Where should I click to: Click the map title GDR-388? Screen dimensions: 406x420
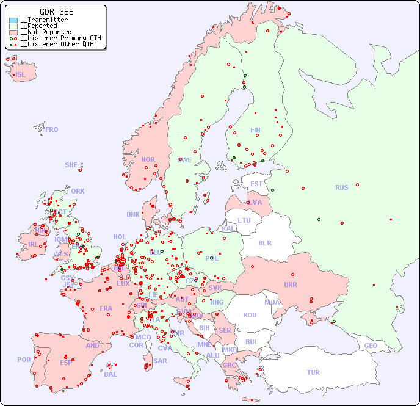point(56,12)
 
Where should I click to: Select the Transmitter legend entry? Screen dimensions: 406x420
point(46,20)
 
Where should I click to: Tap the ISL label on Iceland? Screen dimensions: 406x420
point(21,75)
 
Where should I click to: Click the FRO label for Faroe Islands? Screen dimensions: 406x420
point(52,129)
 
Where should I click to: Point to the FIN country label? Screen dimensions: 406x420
point(255,130)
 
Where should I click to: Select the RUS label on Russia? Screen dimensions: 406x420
point(341,187)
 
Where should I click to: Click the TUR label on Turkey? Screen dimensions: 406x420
point(313,372)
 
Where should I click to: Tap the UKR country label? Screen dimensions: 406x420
point(291,285)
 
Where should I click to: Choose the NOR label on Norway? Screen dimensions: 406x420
point(148,159)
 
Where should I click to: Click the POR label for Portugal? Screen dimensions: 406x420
point(24,360)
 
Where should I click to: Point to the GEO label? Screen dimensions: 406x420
point(371,346)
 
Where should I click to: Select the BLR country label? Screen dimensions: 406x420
point(265,242)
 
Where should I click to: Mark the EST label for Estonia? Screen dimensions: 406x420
point(256,184)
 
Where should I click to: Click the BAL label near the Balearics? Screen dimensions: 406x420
point(110,374)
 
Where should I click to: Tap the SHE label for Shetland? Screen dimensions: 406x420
point(71,165)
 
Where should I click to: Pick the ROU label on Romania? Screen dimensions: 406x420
point(250,315)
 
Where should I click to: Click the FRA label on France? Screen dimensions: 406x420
point(106,308)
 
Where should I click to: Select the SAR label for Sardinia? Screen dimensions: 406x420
point(161,361)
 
